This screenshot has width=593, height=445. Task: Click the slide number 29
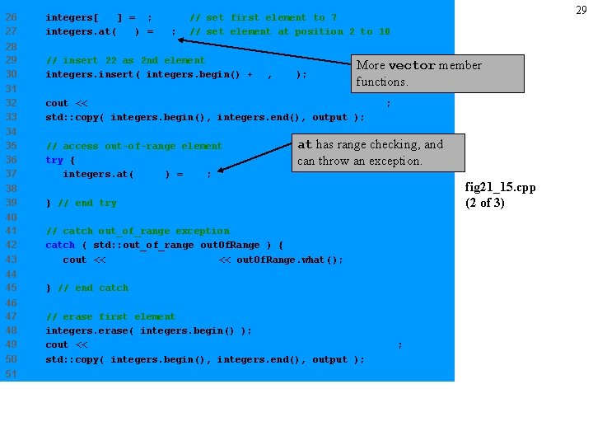581,10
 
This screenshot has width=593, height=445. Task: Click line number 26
12,17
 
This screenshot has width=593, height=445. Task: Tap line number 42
12,245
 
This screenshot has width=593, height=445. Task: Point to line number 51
12,373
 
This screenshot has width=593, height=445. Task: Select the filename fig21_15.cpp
500,187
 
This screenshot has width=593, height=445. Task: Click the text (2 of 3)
485,202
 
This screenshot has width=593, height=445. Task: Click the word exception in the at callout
395,161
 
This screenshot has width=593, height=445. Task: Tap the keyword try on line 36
54,160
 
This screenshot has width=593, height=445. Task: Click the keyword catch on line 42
60,245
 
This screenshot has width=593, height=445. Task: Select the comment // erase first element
110,316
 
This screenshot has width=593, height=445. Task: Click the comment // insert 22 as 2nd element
125,60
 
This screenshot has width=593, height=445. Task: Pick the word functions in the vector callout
381,82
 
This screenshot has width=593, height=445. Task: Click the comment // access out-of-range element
133,146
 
